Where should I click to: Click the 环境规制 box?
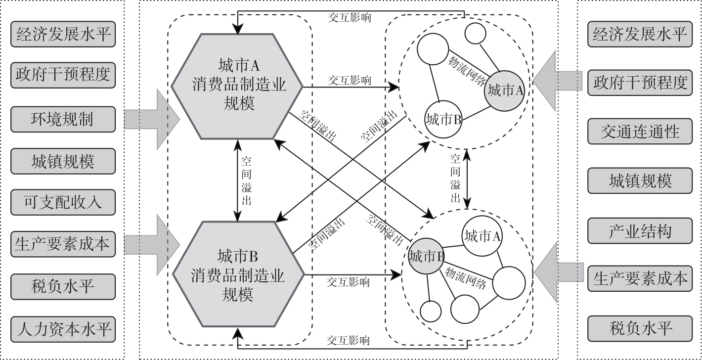point(63,119)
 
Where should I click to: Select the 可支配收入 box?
point(63,202)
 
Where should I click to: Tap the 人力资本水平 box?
point(63,329)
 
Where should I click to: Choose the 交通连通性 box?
point(640,132)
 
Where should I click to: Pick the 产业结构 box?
point(640,230)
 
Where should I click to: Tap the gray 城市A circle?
point(505,91)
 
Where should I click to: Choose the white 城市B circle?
point(443,119)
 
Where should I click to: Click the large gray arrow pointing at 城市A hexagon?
point(145,119)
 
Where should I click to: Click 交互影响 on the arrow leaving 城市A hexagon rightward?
point(350,81)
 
